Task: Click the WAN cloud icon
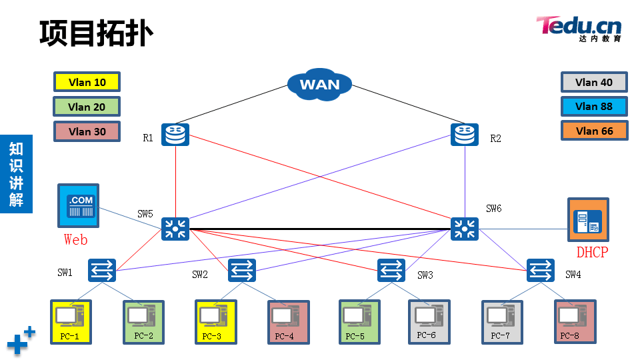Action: pyautogui.click(x=319, y=84)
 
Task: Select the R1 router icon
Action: pyautogui.click(x=175, y=135)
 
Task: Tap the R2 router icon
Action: pyautogui.click(x=465, y=135)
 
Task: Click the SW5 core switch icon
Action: pyautogui.click(x=175, y=229)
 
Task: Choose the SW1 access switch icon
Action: pyautogui.click(x=102, y=270)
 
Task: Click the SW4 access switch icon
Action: pyautogui.click(x=540, y=270)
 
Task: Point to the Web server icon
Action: pyautogui.click(x=77, y=207)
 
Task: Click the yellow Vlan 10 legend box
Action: pyautogui.click(x=87, y=83)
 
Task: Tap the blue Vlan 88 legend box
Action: pyautogui.click(x=593, y=107)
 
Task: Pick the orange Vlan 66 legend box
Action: pyautogui.click(x=593, y=131)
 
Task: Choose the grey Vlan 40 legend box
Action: pyautogui.click(x=593, y=83)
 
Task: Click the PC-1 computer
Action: pyautogui.click(x=70, y=321)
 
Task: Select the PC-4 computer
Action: pyautogui.click(x=288, y=321)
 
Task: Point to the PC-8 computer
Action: pyautogui.click(x=575, y=321)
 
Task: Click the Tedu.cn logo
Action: pyautogui.click(x=579, y=28)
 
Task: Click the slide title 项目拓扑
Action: pyautogui.click(x=96, y=33)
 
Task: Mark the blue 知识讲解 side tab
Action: pyautogui.click(x=16, y=173)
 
